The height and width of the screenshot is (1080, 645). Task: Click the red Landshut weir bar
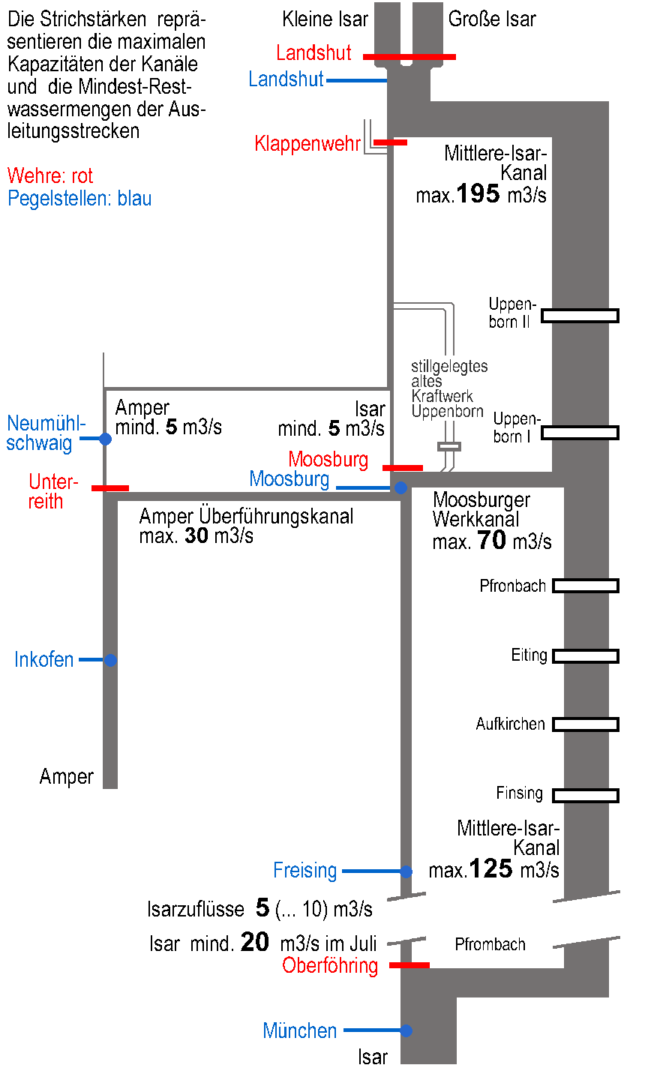click(409, 56)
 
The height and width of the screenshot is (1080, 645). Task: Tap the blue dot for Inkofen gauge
click(110, 660)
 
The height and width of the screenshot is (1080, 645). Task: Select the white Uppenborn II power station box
click(580, 316)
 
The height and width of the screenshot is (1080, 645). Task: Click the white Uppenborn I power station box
click(580, 433)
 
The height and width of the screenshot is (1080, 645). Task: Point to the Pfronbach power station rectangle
click(585, 586)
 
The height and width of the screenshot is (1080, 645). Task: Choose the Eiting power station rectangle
click(585, 656)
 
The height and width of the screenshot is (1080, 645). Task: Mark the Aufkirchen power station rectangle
click(585, 724)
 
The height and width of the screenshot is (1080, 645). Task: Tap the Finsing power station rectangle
click(585, 795)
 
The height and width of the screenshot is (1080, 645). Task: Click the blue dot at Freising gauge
click(406, 871)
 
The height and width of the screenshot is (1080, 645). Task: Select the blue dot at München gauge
click(406, 1030)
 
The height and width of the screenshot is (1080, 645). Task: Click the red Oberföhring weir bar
click(409, 965)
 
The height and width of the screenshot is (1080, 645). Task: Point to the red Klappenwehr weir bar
click(390, 142)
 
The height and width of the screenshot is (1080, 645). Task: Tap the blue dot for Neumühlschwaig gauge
click(106, 439)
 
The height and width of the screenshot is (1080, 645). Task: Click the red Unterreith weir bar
click(110, 488)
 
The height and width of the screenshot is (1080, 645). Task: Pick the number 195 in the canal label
click(478, 194)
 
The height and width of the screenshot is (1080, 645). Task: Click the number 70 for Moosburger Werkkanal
click(491, 540)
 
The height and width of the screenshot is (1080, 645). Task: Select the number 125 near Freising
click(490, 869)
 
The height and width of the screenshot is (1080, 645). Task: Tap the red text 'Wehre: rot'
click(50, 176)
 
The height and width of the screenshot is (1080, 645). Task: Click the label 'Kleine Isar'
click(325, 19)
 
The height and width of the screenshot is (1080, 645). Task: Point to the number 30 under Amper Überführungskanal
click(196, 535)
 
